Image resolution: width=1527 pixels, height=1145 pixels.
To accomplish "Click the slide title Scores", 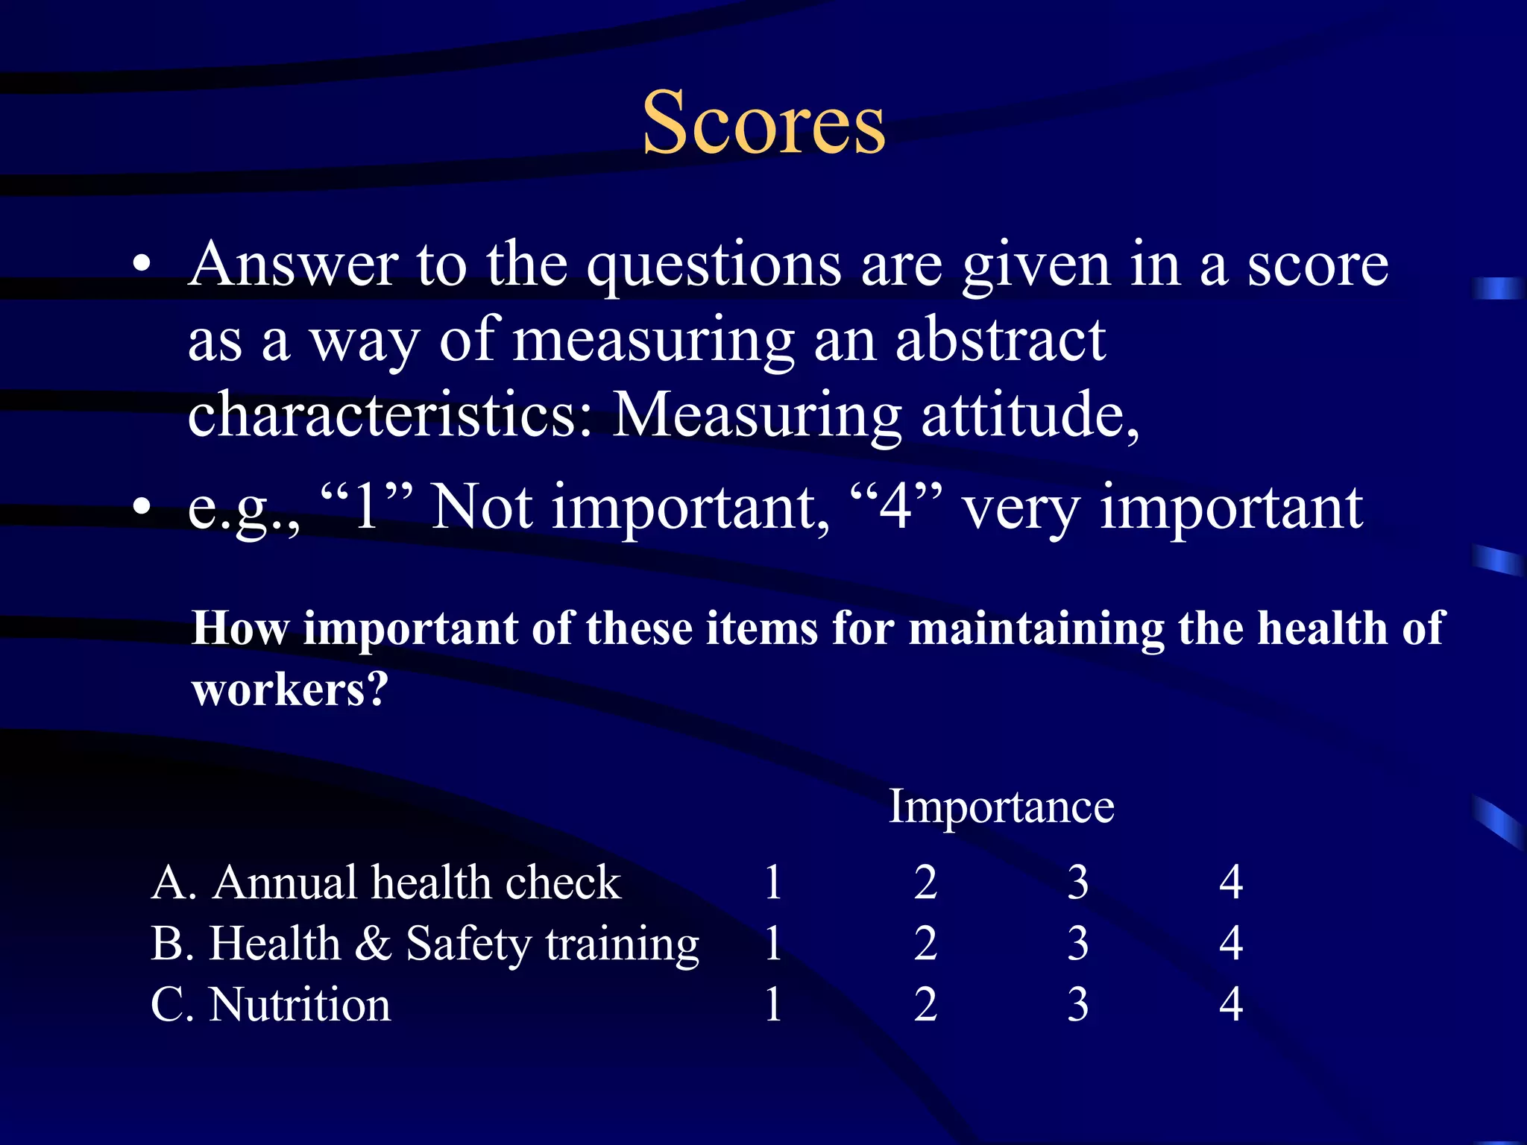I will point(763,123).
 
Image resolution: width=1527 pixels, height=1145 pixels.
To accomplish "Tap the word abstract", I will point(1000,341).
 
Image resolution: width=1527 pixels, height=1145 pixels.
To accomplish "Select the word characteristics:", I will point(391,415).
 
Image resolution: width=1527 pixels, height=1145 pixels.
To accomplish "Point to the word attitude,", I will point(1030,415).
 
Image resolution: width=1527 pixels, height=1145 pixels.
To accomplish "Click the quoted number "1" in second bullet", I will point(366,507).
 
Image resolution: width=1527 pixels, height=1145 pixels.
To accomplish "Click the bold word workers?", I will point(290,690).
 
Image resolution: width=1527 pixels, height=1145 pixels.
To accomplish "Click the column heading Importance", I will point(1001,807).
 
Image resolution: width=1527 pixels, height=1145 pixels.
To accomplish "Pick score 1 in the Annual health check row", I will point(773,883).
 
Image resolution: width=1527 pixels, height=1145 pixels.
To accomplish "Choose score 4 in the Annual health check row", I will point(1231,883).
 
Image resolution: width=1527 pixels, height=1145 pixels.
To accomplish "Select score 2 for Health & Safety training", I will point(925,944).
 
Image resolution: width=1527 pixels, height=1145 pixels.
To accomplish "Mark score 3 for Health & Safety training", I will point(1078,944).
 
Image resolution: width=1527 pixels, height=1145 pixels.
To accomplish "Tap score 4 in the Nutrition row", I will point(1231,1005).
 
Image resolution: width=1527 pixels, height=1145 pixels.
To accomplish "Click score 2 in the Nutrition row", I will point(925,1005).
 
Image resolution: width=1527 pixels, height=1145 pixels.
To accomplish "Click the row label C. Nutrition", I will point(271,1005).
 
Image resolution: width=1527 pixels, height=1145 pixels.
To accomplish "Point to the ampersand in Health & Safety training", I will point(373,944).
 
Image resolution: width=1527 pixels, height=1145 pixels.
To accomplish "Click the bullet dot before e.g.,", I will point(141,508).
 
